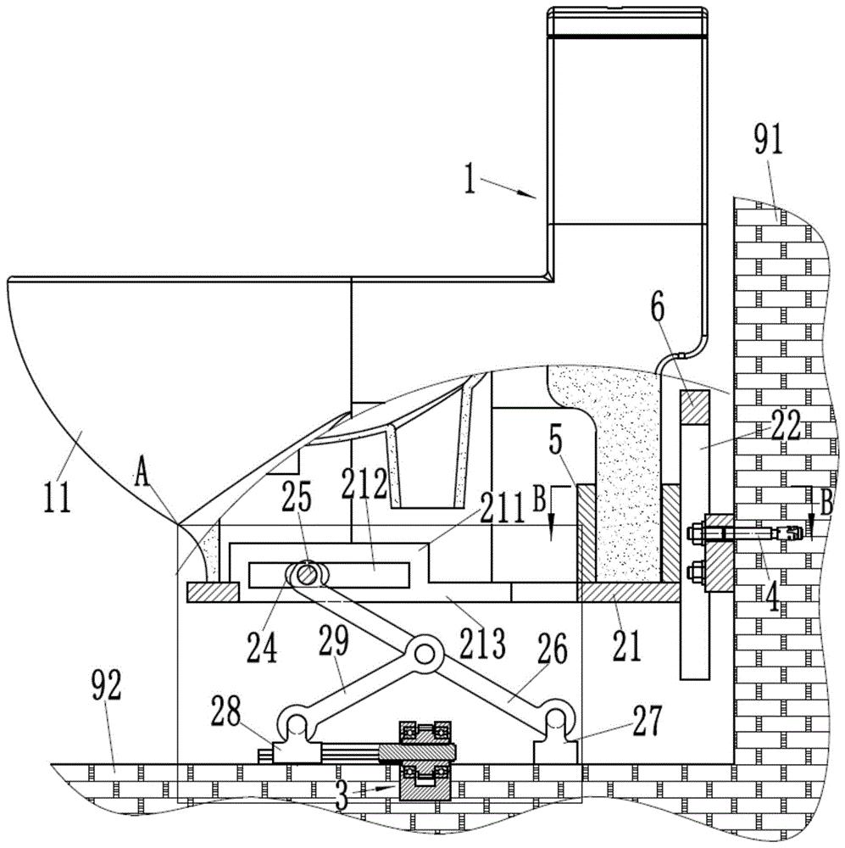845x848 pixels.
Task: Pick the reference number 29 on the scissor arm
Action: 334,642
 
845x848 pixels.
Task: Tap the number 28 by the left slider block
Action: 226,712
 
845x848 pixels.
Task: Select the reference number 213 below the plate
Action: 482,643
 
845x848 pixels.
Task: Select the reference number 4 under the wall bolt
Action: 773,595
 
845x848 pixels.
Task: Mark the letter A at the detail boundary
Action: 142,477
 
